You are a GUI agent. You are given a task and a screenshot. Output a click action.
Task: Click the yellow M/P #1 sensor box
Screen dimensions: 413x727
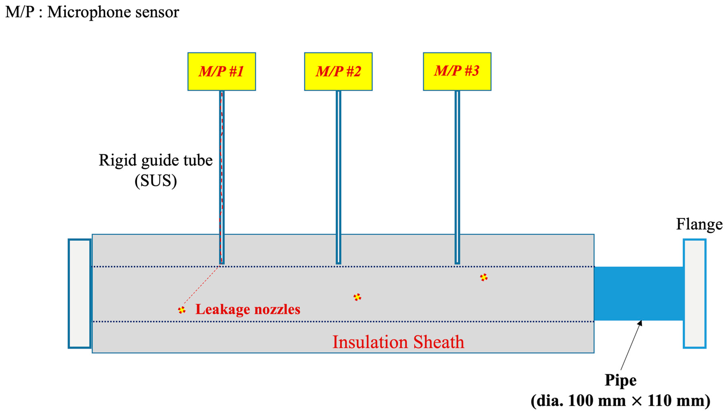[x=221, y=72]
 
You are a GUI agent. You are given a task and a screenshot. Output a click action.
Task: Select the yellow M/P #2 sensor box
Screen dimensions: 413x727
[x=338, y=72]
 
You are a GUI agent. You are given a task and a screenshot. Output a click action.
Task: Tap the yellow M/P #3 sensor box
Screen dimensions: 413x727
[x=457, y=72]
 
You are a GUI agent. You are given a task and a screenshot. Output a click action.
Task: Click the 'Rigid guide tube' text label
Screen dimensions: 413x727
[x=156, y=160]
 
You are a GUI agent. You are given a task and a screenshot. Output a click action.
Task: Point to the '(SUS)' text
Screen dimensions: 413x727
[x=156, y=181]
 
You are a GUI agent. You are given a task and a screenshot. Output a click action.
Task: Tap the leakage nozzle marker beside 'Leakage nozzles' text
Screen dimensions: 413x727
[x=182, y=310]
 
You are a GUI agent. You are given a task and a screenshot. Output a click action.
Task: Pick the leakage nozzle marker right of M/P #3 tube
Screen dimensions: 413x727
[x=483, y=277]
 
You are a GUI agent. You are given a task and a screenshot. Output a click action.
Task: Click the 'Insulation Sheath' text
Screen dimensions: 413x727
[x=398, y=342]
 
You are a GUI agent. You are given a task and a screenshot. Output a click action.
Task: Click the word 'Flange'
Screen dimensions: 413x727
[x=699, y=224]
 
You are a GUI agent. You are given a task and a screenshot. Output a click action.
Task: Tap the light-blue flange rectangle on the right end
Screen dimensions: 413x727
[x=694, y=294]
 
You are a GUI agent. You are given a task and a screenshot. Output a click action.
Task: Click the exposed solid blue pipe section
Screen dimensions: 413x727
[x=638, y=294]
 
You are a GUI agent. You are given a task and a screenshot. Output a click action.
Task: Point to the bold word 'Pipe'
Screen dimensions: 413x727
[x=620, y=380]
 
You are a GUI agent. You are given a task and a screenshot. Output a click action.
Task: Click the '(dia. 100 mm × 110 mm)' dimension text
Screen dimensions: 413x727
[x=620, y=400]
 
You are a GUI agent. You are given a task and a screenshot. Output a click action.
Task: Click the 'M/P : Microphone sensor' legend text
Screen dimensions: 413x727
[x=92, y=12]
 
